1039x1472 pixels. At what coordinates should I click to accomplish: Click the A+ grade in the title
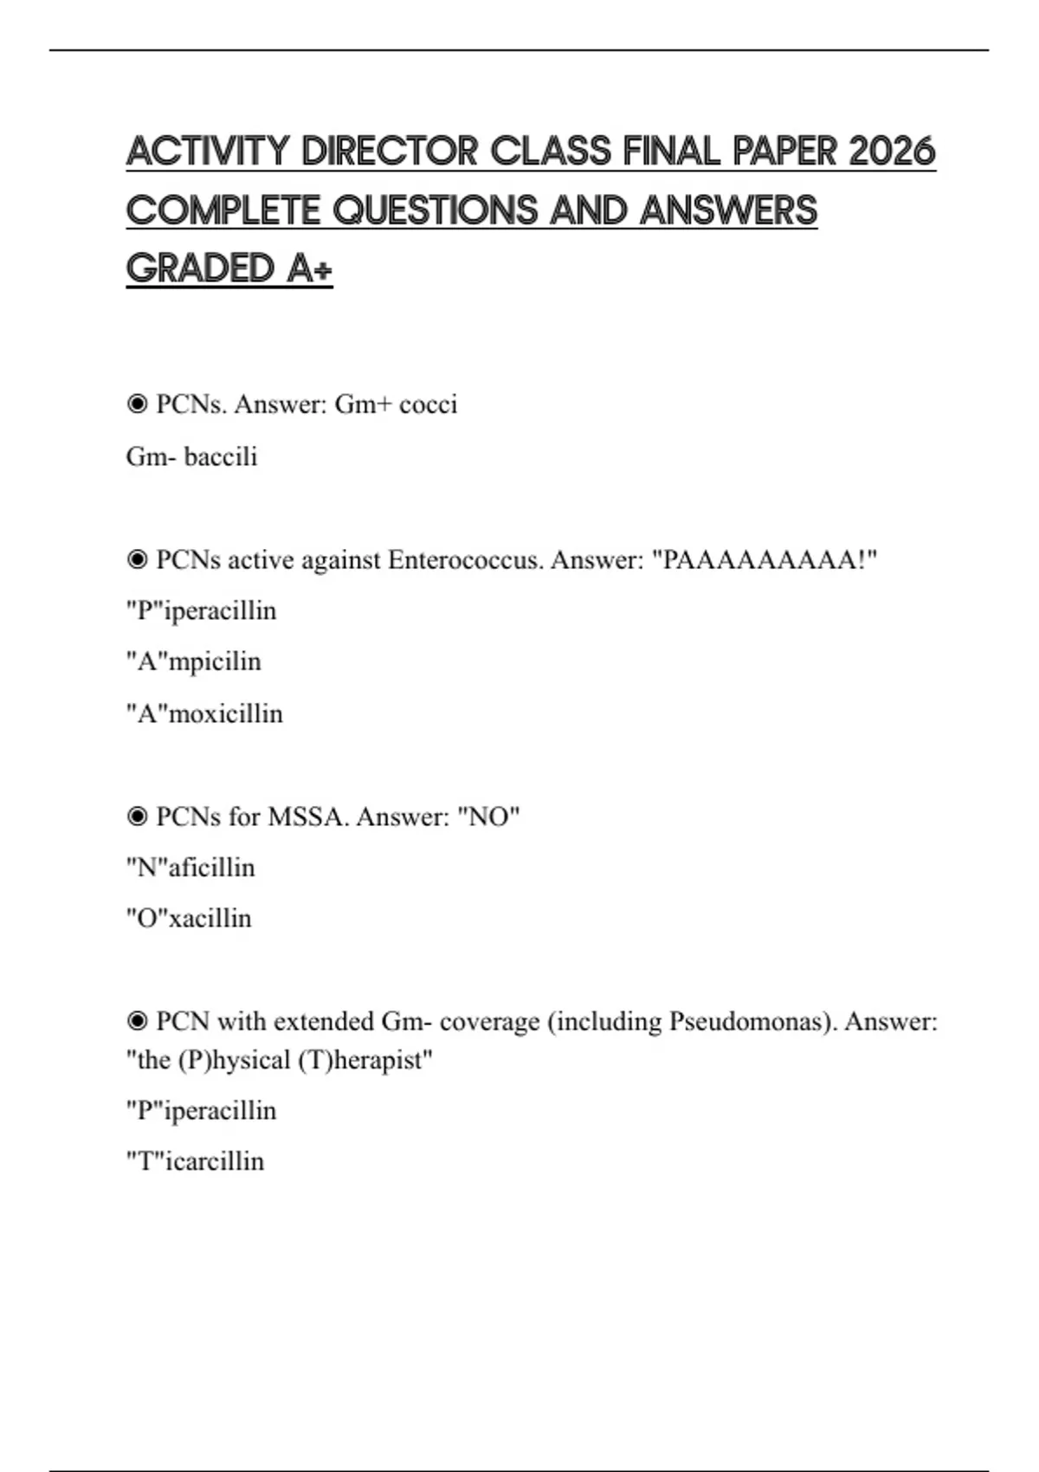tap(309, 268)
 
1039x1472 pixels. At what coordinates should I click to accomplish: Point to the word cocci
tap(428, 404)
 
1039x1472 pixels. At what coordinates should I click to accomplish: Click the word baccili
tap(221, 456)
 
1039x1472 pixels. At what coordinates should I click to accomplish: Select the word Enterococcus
tap(466, 560)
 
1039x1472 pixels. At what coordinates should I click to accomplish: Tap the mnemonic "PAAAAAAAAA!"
tap(769, 560)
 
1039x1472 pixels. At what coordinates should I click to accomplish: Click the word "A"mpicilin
tap(193, 662)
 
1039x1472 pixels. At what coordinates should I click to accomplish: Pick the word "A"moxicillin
tap(204, 713)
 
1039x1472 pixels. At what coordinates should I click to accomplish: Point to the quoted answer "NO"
tap(488, 817)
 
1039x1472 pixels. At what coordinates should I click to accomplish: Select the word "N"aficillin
tap(190, 868)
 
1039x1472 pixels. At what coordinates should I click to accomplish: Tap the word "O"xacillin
tap(189, 918)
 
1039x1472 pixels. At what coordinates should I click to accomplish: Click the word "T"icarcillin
tap(195, 1161)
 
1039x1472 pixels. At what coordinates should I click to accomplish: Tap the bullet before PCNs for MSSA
tap(137, 817)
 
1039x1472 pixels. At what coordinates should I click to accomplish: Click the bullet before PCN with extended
tap(137, 1022)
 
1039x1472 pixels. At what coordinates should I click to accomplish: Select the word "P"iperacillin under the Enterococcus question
tap(201, 610)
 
